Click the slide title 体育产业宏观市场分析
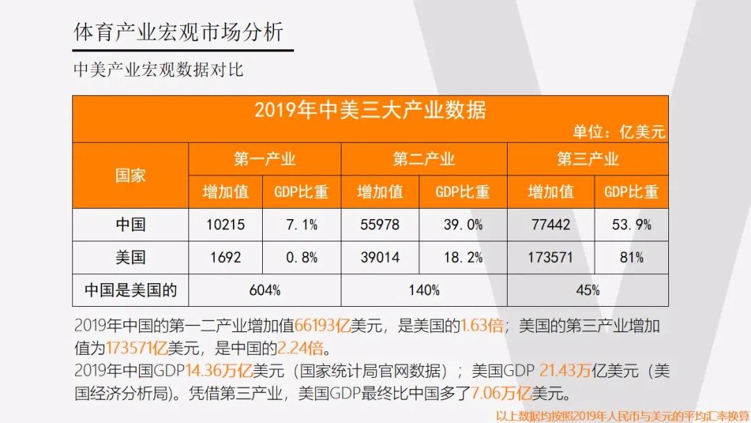pyautogui.click(x=178, y=33)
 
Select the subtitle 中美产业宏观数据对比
pyautogui.click(x=159, y=70)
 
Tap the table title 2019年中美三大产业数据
pyautogui.click(x=370, y=110)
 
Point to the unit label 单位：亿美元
pyautogui.click(x=619, y=131)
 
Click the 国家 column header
pyautogui.click(x=130, y=175)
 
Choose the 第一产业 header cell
pyautogui.click(x=264, y=159)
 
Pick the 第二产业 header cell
pyautogui.click(x=423, y=159)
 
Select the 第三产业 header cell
pyautogui.click(x=588, y=159)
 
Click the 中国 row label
pyautogui.click(x=130, y=225)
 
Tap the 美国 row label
pyautogui.click(x=130, y=257)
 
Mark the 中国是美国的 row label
pyautogui.click(x=130, y=290)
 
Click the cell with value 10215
pyautogui.click(x=225, y=225)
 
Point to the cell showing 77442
pyautogui.click(x=550, y=225)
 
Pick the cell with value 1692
pyautogui.click(x=225, y=257)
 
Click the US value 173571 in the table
pyautogui.click(x=550, y=257)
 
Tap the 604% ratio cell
pyautogui.click(x=264, y=290)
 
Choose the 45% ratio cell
pyautogui.click(x=588, y=290)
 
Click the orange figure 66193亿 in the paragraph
pyautogui.click(x=322, y=326)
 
